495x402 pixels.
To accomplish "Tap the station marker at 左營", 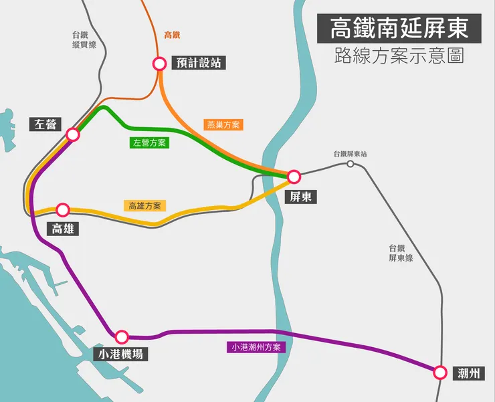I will click(x=74, y=134).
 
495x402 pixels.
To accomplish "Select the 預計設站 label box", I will click(x=197, y=63).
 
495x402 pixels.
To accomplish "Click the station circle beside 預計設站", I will click(x=159, y=64).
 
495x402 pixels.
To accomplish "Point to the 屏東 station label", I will click(x=300, y=197).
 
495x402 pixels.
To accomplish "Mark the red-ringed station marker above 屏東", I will click(x=293, y=177).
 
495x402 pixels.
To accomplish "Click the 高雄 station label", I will click(x=63, y=229).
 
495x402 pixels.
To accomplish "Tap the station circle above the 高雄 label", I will click(x=63, y=209).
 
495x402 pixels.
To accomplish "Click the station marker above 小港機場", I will click(x=122, y=337).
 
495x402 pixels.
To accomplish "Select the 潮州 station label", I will click(x=468, y=373).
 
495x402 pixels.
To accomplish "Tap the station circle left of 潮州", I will click(x=439, y=373).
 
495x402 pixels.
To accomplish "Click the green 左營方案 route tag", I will click(x=150, y=142).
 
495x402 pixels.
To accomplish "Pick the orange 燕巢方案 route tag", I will click(x=224, y=124).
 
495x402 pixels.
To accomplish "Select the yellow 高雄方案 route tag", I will click(x=146, y=206).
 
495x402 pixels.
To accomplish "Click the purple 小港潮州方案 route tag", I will click(x=256, y=347).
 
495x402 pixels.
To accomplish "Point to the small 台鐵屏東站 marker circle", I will click(x=350, y=163).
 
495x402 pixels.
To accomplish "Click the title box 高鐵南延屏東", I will click(x=399, y=29).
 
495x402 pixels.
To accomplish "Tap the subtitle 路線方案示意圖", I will click(x=399, y=56).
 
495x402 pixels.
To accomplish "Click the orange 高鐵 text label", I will click(x=173, y=35).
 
